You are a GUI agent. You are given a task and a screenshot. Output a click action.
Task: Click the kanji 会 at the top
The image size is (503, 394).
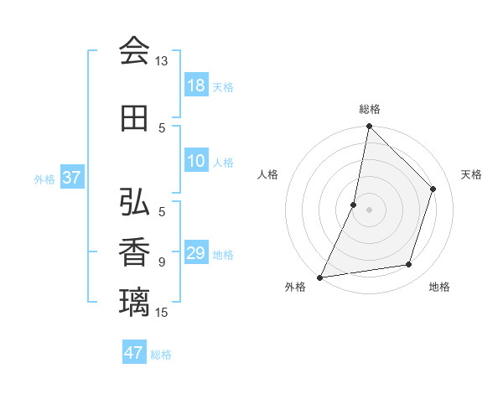(x=134, y=51)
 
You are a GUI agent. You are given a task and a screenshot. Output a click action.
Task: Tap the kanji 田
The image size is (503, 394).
(x=134, y=118)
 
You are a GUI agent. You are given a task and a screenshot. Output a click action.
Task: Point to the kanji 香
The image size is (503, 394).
(x=134, y=252)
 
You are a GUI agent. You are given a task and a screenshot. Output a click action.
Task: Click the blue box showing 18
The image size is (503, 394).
(x=196, y=86)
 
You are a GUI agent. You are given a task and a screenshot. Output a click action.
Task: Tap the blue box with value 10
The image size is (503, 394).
(x=196, y=162)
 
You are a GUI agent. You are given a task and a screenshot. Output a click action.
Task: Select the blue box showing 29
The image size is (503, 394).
(x=196, y=253)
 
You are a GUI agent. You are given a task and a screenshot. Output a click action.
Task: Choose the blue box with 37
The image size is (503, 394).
(x=72, y=178)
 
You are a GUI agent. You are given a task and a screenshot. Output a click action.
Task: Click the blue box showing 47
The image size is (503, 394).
(x=134, y=353)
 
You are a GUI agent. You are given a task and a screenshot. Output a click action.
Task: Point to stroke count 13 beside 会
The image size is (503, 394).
(x=161, y=61)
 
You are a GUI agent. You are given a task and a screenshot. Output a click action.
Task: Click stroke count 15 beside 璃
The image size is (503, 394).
(x=162, y=312)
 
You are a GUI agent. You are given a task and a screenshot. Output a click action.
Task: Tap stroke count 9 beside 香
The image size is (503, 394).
(x=162, y=262)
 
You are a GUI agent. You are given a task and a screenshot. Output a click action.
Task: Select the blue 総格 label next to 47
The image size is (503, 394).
(x=161, y=355)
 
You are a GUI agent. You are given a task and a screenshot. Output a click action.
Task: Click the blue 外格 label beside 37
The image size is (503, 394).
(x=44, y=179)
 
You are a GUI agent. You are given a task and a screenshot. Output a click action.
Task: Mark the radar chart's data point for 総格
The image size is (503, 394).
(x=369, y=126)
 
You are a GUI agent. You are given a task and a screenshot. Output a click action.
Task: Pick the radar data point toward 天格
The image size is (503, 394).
(x=433, y=189)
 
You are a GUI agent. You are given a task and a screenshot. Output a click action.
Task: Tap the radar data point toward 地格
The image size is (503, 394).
(x=409, y=265)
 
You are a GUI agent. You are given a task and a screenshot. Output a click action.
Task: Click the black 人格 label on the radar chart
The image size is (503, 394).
(x=268, y=174)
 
